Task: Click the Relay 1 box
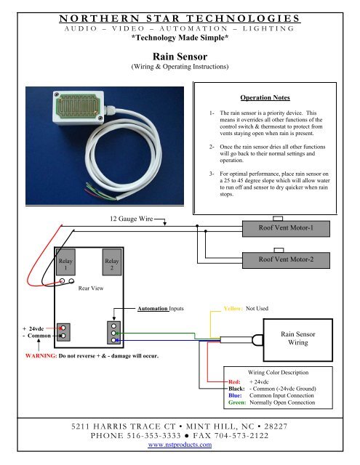[65, 262]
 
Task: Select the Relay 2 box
[112, 262]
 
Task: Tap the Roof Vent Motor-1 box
[286, 228]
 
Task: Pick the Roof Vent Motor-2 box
[286, 260]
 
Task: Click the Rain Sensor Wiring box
[297, 340]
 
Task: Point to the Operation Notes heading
[265, 97]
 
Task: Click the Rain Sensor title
[180, 57]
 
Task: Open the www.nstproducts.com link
[180, 444]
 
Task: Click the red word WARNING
[41, 355]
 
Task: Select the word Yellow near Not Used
[233, 308]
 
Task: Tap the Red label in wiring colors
[234, 381]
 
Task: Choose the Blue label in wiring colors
[235, 395]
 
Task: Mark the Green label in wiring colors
[237, 403]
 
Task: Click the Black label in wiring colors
[236, 389]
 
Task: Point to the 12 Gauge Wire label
[131, 219]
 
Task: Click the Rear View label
[91, 288]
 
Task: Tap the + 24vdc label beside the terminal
[33, 328]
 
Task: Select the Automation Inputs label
[161, 308]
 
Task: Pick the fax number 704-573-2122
[241, 435]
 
